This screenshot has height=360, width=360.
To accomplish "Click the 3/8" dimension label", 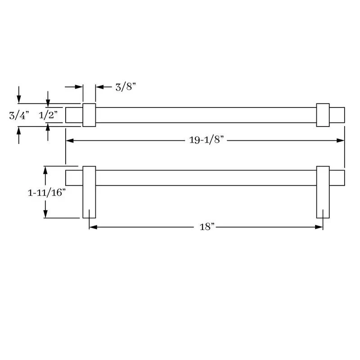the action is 126,87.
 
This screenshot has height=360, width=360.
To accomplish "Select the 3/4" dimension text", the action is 19,115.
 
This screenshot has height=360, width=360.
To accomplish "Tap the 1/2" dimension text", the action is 48,115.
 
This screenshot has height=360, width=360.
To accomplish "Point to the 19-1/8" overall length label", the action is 206,140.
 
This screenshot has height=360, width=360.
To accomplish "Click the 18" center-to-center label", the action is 207,227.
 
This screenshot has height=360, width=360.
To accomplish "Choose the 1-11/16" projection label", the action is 47,193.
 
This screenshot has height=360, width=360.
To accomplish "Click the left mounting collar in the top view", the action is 89,115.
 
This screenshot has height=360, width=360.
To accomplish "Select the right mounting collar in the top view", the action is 323,115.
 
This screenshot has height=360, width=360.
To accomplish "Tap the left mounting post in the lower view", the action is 89,192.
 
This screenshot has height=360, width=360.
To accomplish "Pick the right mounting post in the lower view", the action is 323,192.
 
